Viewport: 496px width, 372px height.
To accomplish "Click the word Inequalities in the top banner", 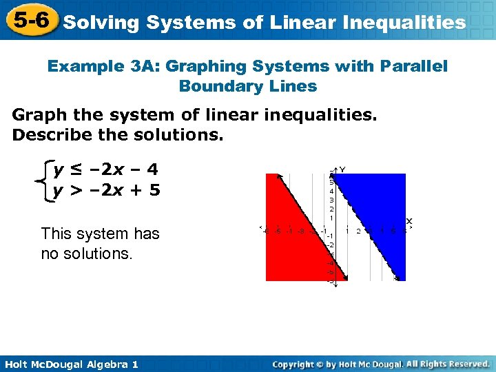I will [406, 23].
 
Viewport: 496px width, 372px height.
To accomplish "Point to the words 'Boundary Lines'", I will [247, 87].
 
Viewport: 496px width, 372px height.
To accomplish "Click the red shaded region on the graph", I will [289, 227].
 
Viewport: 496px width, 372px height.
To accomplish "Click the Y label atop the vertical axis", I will [342, 169].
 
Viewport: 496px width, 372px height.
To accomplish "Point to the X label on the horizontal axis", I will [409, 221].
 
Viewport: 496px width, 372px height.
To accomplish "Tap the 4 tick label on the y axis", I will [331, 192].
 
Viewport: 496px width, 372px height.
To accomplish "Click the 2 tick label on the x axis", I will [358, 231].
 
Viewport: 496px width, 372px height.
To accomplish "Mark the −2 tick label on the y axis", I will [330, 245].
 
